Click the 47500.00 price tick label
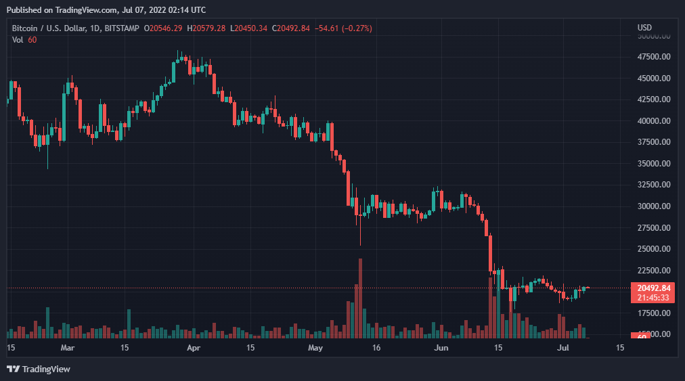653,57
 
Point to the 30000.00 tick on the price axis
653,206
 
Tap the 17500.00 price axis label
653,313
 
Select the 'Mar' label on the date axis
67,349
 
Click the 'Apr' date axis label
194,349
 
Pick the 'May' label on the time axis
315,349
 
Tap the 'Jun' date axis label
441,349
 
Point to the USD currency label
644,28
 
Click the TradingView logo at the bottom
39,369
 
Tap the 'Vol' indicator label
18,39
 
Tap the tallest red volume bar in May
360,298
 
